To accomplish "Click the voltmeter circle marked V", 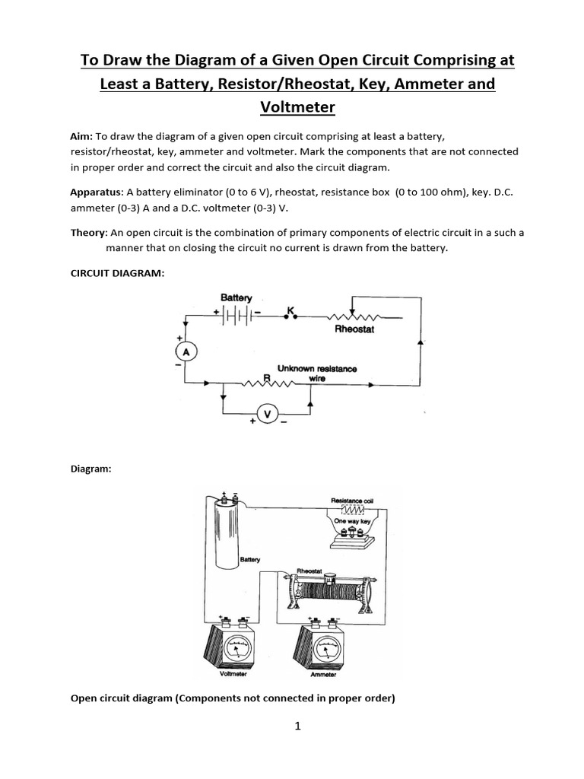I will pyautogui.click(x=266, y=413).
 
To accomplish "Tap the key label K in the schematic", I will pyautogui.click(x=290, y=310).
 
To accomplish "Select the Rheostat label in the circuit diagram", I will pyautogui.click(x=354, y=329).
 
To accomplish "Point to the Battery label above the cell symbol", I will pyautogui.click(x=236, y=297).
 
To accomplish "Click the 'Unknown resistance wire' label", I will pyautogui.click(x=317, y=373).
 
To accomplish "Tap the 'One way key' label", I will pyautogui.click(x=351, y=520).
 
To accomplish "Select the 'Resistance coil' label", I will pyautogui.click(x=351, y=500).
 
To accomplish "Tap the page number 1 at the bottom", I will pyautogui.click(x=298, y=726).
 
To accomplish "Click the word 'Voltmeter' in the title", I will pyautogui.click(x=297, y=107).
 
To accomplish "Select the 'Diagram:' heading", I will pyautogui.click(x=90, y=469).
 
